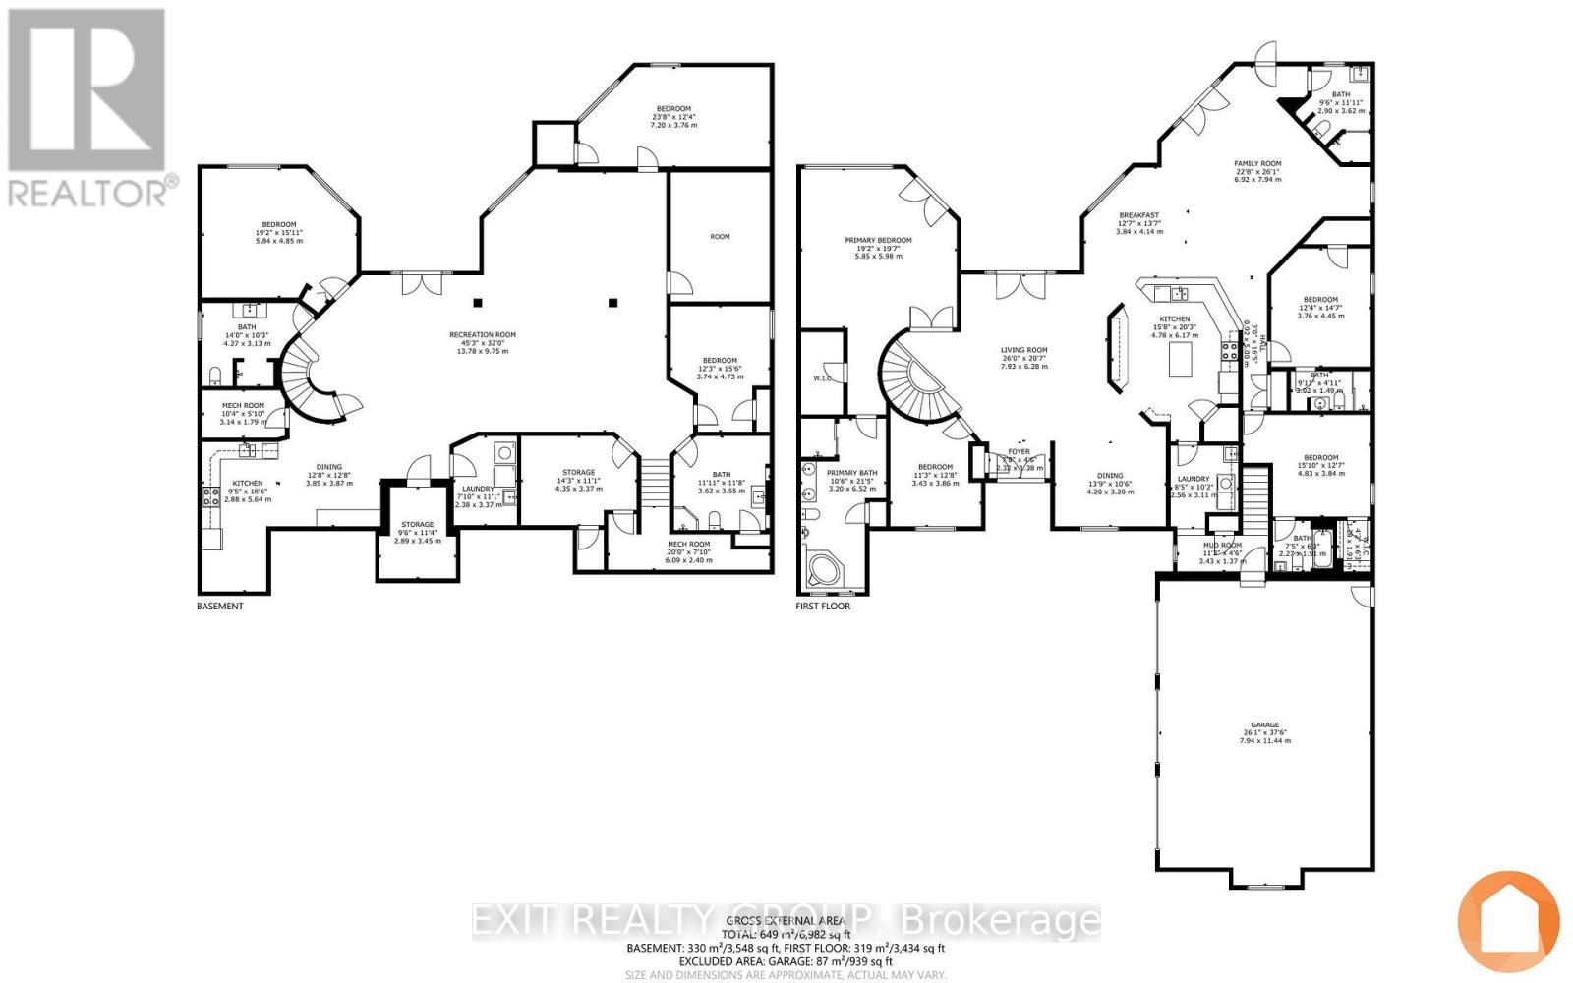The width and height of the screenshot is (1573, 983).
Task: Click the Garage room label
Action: [x=1264, y=732]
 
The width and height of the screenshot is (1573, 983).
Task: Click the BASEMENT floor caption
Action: [x=219, y=607]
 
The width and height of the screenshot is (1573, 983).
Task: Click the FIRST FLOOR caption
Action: [x=823, y=607]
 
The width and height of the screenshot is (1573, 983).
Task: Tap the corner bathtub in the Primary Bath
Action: [x=821, y=571]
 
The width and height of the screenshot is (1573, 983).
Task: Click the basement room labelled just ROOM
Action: [x=720, y=236]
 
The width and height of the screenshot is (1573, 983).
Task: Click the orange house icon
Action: [x=1507, y=922]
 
